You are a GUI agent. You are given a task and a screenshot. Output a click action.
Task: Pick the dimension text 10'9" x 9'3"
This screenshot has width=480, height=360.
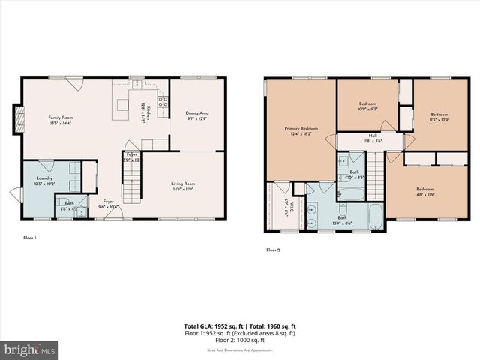click(x=367, y=109)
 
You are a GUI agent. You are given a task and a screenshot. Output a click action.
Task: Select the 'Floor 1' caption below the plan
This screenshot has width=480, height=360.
click(x=31, y=238)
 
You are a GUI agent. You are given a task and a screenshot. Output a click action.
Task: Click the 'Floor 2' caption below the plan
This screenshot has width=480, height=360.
click(x=273, y=250)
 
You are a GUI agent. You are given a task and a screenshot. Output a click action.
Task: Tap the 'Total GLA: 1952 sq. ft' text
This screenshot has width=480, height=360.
click(x=211, y=326)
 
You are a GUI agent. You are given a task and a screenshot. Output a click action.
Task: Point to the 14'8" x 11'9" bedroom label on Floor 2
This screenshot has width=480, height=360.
click(x=424, y=191)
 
